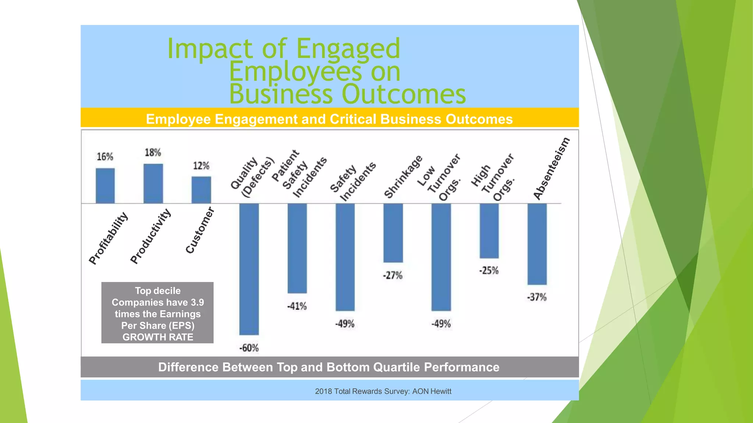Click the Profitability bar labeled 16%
105,186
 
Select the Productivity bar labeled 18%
153,184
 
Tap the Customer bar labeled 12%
201,190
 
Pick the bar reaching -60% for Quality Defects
249,269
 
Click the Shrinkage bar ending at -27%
393,233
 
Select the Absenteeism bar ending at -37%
537,244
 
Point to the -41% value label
297,306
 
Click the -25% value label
489,271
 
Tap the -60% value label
249,348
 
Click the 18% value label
153,152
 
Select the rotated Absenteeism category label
552,169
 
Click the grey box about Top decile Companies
157,313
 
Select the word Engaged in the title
348,49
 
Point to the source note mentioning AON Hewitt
383,391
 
